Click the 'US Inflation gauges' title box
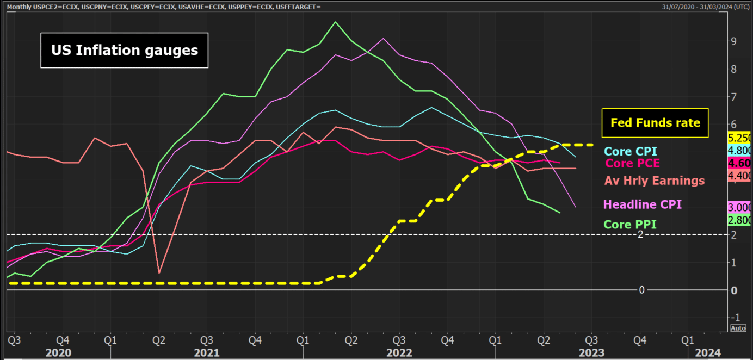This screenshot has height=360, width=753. (x=125, y=50)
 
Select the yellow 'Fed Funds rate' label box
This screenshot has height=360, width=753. (x=655, y=123)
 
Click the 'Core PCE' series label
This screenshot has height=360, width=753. (x=632, y=163)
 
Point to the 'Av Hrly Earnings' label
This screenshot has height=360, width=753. (x=655, y=181)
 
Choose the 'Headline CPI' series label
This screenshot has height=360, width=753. (x=643, y=204)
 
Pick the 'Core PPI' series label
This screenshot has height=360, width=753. (x=631, y=224)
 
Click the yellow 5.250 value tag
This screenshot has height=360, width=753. (x=740, y=138)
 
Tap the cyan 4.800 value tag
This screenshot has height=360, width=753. (x=740, y=151)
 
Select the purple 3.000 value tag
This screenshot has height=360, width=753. (x=740, y=207)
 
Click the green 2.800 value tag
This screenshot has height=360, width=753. (x=740, y=220)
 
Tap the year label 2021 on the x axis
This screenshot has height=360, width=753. (x=206, y=352)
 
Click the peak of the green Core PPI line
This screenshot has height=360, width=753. (x=335, y=22)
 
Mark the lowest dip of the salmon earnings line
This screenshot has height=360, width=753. (x=159, y=272)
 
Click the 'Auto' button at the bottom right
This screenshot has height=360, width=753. (x=738, y=328)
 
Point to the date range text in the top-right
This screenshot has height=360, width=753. (x=705, y=7)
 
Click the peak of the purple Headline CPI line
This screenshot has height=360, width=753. (x=384, y=38)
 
